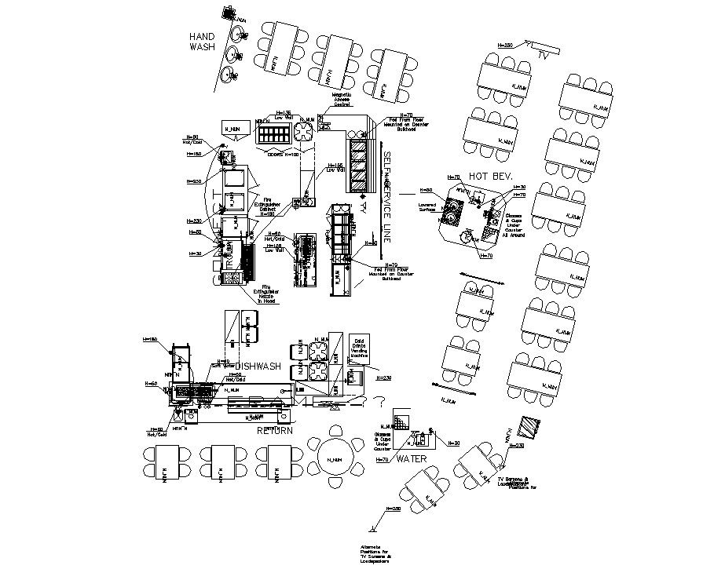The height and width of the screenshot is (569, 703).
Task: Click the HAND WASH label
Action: point(202,42)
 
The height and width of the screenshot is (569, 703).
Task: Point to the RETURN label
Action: point(275,431)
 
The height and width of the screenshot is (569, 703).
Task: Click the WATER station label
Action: point(411,458)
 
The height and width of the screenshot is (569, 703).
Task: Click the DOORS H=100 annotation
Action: point(284,154)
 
